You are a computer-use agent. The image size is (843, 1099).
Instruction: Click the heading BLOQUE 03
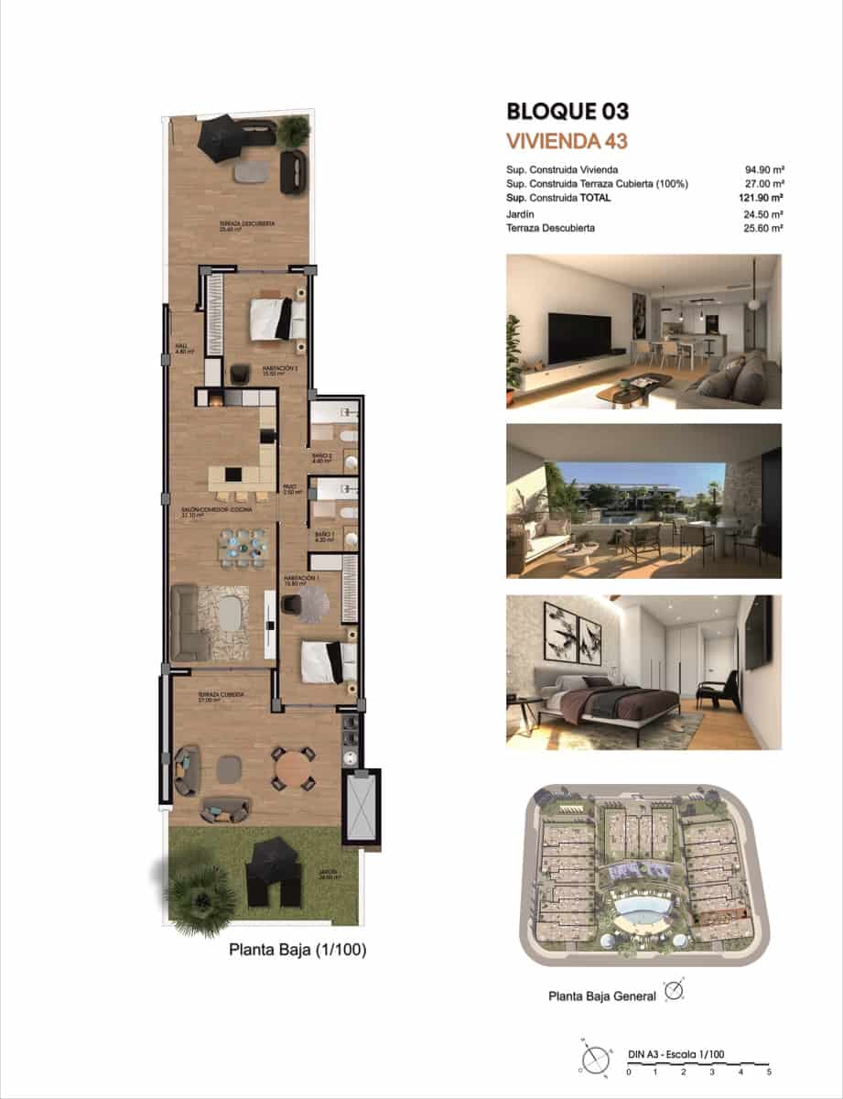tap(567, 112)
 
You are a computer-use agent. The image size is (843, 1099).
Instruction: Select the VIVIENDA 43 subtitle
tap(566, 141)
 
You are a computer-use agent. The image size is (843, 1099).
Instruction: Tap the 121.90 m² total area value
tap(764, 197)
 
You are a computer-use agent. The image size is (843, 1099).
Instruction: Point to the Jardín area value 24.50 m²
tap(764, 214)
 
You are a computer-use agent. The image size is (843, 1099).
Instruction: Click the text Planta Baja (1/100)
tap(297, 951)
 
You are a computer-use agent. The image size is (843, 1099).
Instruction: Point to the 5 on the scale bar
tap(769, 1071)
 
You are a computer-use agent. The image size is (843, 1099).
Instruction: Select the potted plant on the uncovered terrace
tap(293, 132)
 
